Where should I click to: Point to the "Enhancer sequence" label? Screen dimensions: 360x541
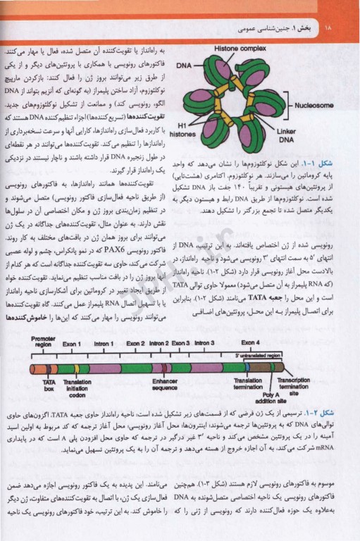click(165, 386)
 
